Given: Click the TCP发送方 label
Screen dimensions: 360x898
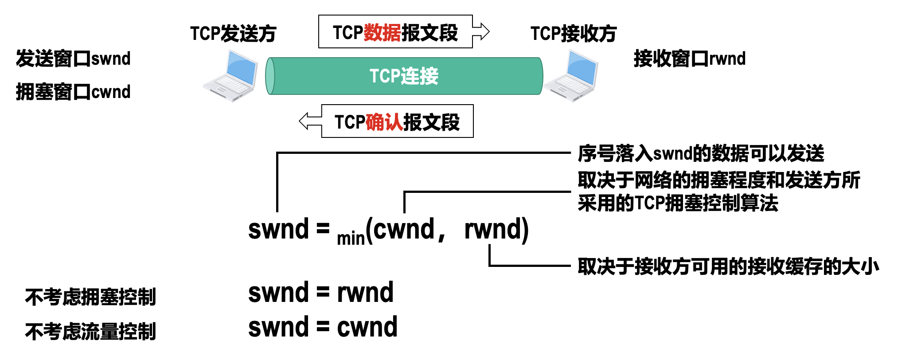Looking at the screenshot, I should [233, 33].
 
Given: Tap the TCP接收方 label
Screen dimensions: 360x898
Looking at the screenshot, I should [573, 33].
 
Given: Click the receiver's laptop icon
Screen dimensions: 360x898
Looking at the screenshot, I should [572, 76].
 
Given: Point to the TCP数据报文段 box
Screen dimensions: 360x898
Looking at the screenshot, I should [395, 32].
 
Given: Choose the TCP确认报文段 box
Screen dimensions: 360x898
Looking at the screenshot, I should [397, 121].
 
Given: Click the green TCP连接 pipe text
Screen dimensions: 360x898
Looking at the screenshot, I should [404, 76].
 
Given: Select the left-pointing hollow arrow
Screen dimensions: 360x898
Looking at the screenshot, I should [310, 121].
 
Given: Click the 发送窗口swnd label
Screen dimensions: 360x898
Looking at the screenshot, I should [73, 59].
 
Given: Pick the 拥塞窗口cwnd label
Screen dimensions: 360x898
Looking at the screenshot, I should [73, 92].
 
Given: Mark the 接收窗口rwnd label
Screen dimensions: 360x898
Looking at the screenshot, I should [690, 59].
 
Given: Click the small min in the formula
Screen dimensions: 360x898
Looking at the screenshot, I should [350, 239].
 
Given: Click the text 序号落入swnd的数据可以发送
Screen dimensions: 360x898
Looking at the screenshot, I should [701, 153].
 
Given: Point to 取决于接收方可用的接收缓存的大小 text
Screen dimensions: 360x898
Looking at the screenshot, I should [728, 266].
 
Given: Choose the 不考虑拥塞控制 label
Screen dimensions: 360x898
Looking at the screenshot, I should [91, 297].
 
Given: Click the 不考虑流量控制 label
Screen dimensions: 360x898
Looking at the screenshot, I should [91, 331].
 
